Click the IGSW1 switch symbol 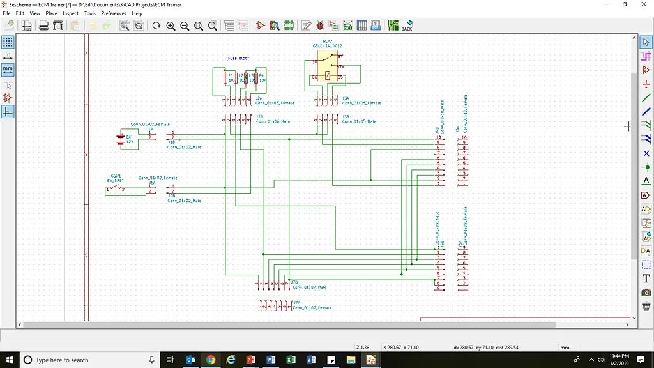click(116, 188)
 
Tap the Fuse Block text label click(238, 58)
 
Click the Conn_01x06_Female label click(275, 102)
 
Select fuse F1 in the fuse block click(225, 78)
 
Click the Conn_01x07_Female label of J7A click(312, 307)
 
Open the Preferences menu click(114, 13)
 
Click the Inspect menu click(70, 13)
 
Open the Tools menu click(90, 13)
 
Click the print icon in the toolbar click(44, 26)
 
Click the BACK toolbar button click(406, 26)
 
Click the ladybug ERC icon click(319, 26)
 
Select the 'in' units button click(8, 56)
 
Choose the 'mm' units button click(8, 69)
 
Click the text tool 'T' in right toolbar click(646, 279)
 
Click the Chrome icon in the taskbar click(211, 360)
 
